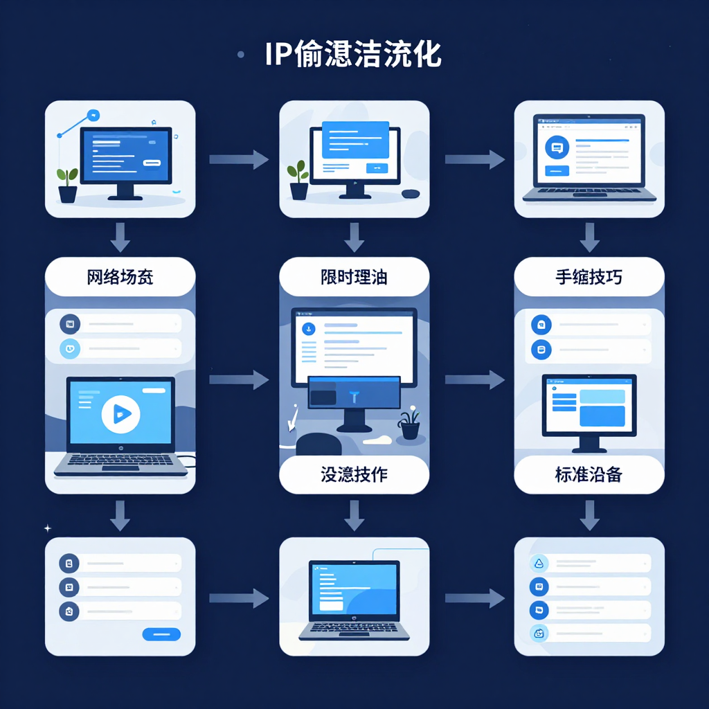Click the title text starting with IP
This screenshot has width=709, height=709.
pyautogui.click(x=353, y=55)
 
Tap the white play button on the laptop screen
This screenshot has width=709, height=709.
pyautogui.click(x=120, y=414)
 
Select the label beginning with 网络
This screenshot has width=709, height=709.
pyautogui.click(x=120, y=278)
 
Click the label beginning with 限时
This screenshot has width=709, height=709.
pyautogui.click(x=354, y=278)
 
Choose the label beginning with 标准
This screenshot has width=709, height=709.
pyautogui.click(x=589, y=475)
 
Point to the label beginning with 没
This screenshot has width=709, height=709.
pyautogui.click(x=354, y=475)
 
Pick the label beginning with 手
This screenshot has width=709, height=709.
pyautogui.click(x=589, y=278)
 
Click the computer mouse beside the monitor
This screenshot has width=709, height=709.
pyautogui.click(x=411, y=193)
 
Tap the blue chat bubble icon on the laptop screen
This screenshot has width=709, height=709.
pyautogui.click(x=557, y=147)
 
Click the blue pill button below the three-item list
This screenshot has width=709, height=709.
pyautogui.click(x=161, y=634)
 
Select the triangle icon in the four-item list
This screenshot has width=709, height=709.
pyautogui.click(x=539, y=564)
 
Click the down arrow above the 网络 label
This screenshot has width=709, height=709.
pyautogui.click(x=120, y=237)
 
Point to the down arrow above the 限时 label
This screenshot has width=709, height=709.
pyautogui.click(x=354, y=237)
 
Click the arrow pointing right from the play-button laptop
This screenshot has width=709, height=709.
pyautogui.click(x=238, y=379)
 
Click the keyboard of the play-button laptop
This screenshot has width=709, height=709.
pyautogui.click(x=120, y=462)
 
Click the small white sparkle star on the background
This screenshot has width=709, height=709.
pyautogui.click(x=48, y=528)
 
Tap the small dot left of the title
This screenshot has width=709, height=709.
pyautogui.click(x=240, y=54)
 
